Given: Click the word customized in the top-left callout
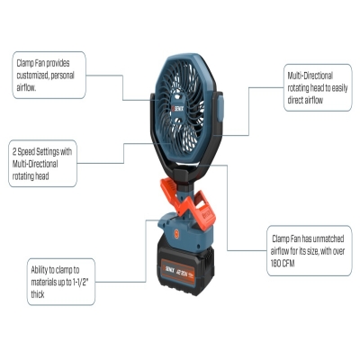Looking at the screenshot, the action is [x=33, y=76].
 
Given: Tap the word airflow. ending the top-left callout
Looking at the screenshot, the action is [x=26, y=87].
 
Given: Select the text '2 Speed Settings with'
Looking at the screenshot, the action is [x=42, y=152].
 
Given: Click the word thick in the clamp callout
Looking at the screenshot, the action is [x=38, y=294].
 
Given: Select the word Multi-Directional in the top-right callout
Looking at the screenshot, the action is [x=310, y=76].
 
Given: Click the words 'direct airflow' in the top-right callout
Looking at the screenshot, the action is [x=305, y=100].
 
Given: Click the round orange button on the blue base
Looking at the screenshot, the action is [x=176, y=234].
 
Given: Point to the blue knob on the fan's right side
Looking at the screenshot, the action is [x=220, y=107].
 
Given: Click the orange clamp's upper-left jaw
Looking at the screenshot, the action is [x=168, y=189].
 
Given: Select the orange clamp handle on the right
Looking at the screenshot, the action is [x=204, y=211].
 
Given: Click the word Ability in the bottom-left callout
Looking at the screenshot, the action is [x=40, y=270].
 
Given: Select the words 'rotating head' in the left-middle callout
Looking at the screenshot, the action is [x=31, y=176].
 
